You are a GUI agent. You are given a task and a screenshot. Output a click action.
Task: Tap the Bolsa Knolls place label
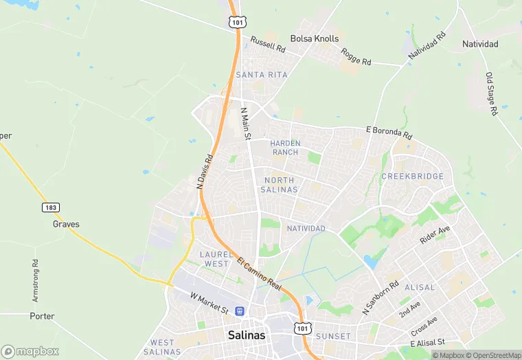tap(315, 38)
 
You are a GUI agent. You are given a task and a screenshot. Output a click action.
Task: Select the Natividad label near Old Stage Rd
tap(480, 44)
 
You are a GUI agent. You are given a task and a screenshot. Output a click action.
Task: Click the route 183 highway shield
tap(49, 207)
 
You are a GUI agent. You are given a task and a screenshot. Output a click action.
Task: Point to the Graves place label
tap(66, 224)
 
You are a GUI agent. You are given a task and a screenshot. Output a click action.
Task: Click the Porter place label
tap(42, 316)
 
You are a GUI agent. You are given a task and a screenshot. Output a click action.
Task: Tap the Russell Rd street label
tap(267, 45)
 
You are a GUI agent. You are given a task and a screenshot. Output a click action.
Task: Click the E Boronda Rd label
tap(389, 132)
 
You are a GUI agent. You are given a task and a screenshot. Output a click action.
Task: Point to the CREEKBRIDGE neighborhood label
tap(412, 177)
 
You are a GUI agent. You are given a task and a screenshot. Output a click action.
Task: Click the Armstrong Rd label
tap(36, 281)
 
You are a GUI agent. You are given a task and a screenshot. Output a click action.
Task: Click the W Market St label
tap(209, 302)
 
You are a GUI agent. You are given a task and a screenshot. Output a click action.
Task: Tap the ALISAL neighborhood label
tap(420, 287)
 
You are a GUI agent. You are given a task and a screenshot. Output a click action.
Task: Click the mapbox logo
tap(30, 351)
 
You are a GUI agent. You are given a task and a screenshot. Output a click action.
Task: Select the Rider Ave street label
tap(435, 236)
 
